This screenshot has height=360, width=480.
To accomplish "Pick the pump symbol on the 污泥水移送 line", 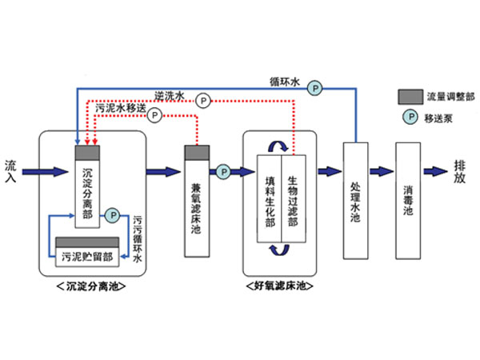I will (155, 114).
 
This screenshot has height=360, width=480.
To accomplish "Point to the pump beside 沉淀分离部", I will (113, 214).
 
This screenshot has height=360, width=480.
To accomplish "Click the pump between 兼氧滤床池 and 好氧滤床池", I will (222, 170).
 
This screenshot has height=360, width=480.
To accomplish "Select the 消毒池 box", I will (408, 200).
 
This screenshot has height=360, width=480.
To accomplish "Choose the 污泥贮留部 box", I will (86, 256).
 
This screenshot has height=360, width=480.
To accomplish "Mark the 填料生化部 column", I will (270, 200).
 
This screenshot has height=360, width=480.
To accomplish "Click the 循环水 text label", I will (284, 82).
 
